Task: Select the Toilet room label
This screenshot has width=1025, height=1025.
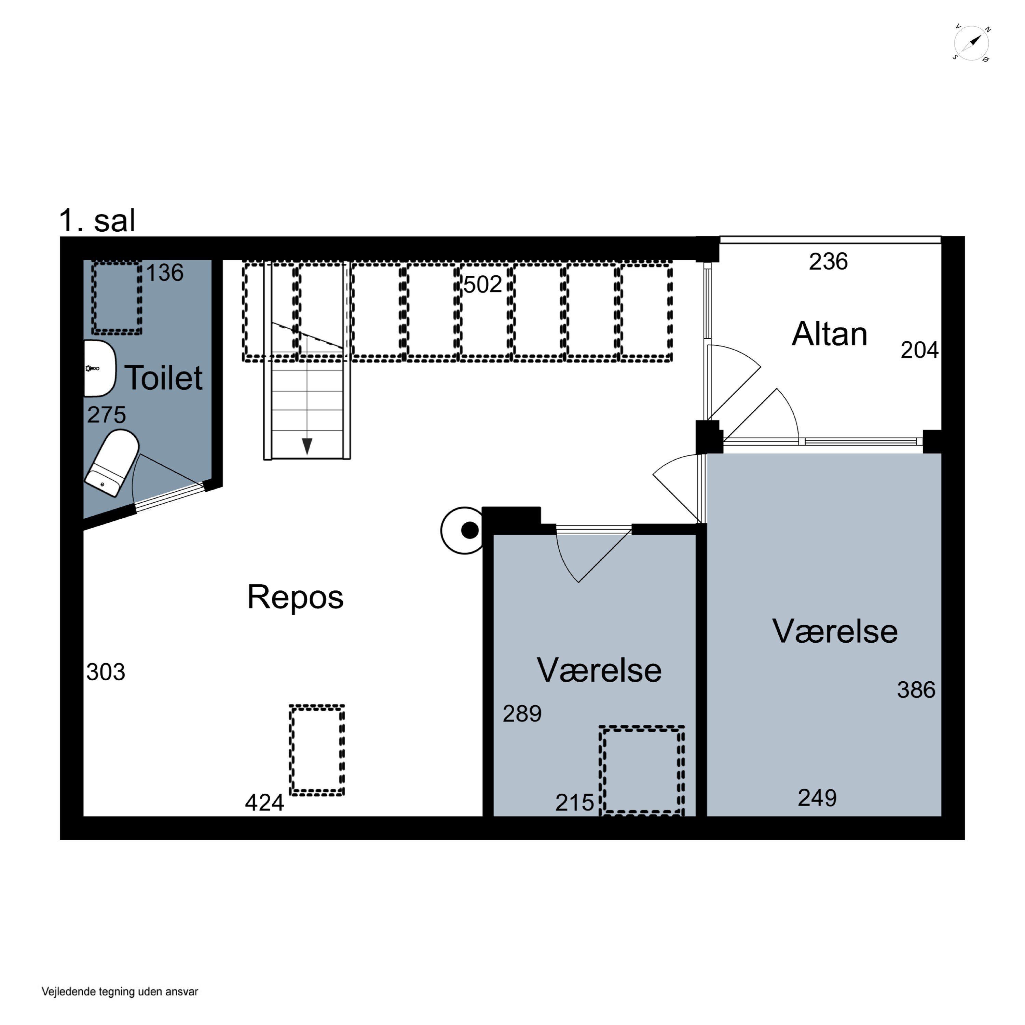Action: coord(163,378)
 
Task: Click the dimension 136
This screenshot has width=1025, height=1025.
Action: coord(164,273)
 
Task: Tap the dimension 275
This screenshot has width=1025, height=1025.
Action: coord(107,415)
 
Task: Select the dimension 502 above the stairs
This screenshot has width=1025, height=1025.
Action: coord(482,284)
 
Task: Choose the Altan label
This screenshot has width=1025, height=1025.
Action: coord(829,334)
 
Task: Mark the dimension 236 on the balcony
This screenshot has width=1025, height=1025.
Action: coord(828,262)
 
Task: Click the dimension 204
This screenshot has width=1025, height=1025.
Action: coord(919,350)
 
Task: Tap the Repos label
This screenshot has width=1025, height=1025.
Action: coord(296,597)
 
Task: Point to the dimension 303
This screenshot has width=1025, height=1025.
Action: coord(106,672)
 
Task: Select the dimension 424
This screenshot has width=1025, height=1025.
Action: coord(264,803)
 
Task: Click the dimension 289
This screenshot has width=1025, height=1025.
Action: coord(522,714)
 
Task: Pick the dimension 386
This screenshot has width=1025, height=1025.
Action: coord(916,690)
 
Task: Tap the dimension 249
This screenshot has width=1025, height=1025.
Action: coord(817,798)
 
